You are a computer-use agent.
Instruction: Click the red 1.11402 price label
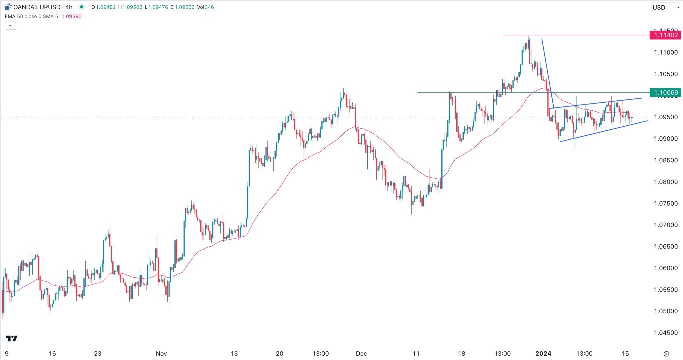pyautogui.click(x=664, y=35)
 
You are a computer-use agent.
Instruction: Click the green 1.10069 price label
pyautogui.click(x=664, y=93)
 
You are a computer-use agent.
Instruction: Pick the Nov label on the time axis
pyautogui.click(x=161, y=354)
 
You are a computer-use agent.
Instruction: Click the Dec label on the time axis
pyautogui.click(x=361, y=354)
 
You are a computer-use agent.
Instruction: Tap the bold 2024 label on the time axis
pyautogui.click(x=543, y=354)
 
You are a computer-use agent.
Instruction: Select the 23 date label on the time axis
pyautogui.click(x=98, y=354)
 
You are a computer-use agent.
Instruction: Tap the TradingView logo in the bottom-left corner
pyautogui.click(x=12, y=339)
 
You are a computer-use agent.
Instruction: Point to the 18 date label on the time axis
pyautogui.click(x=461, y=354)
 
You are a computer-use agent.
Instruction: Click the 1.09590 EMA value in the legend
pyautogui.click(x=71, y=16)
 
